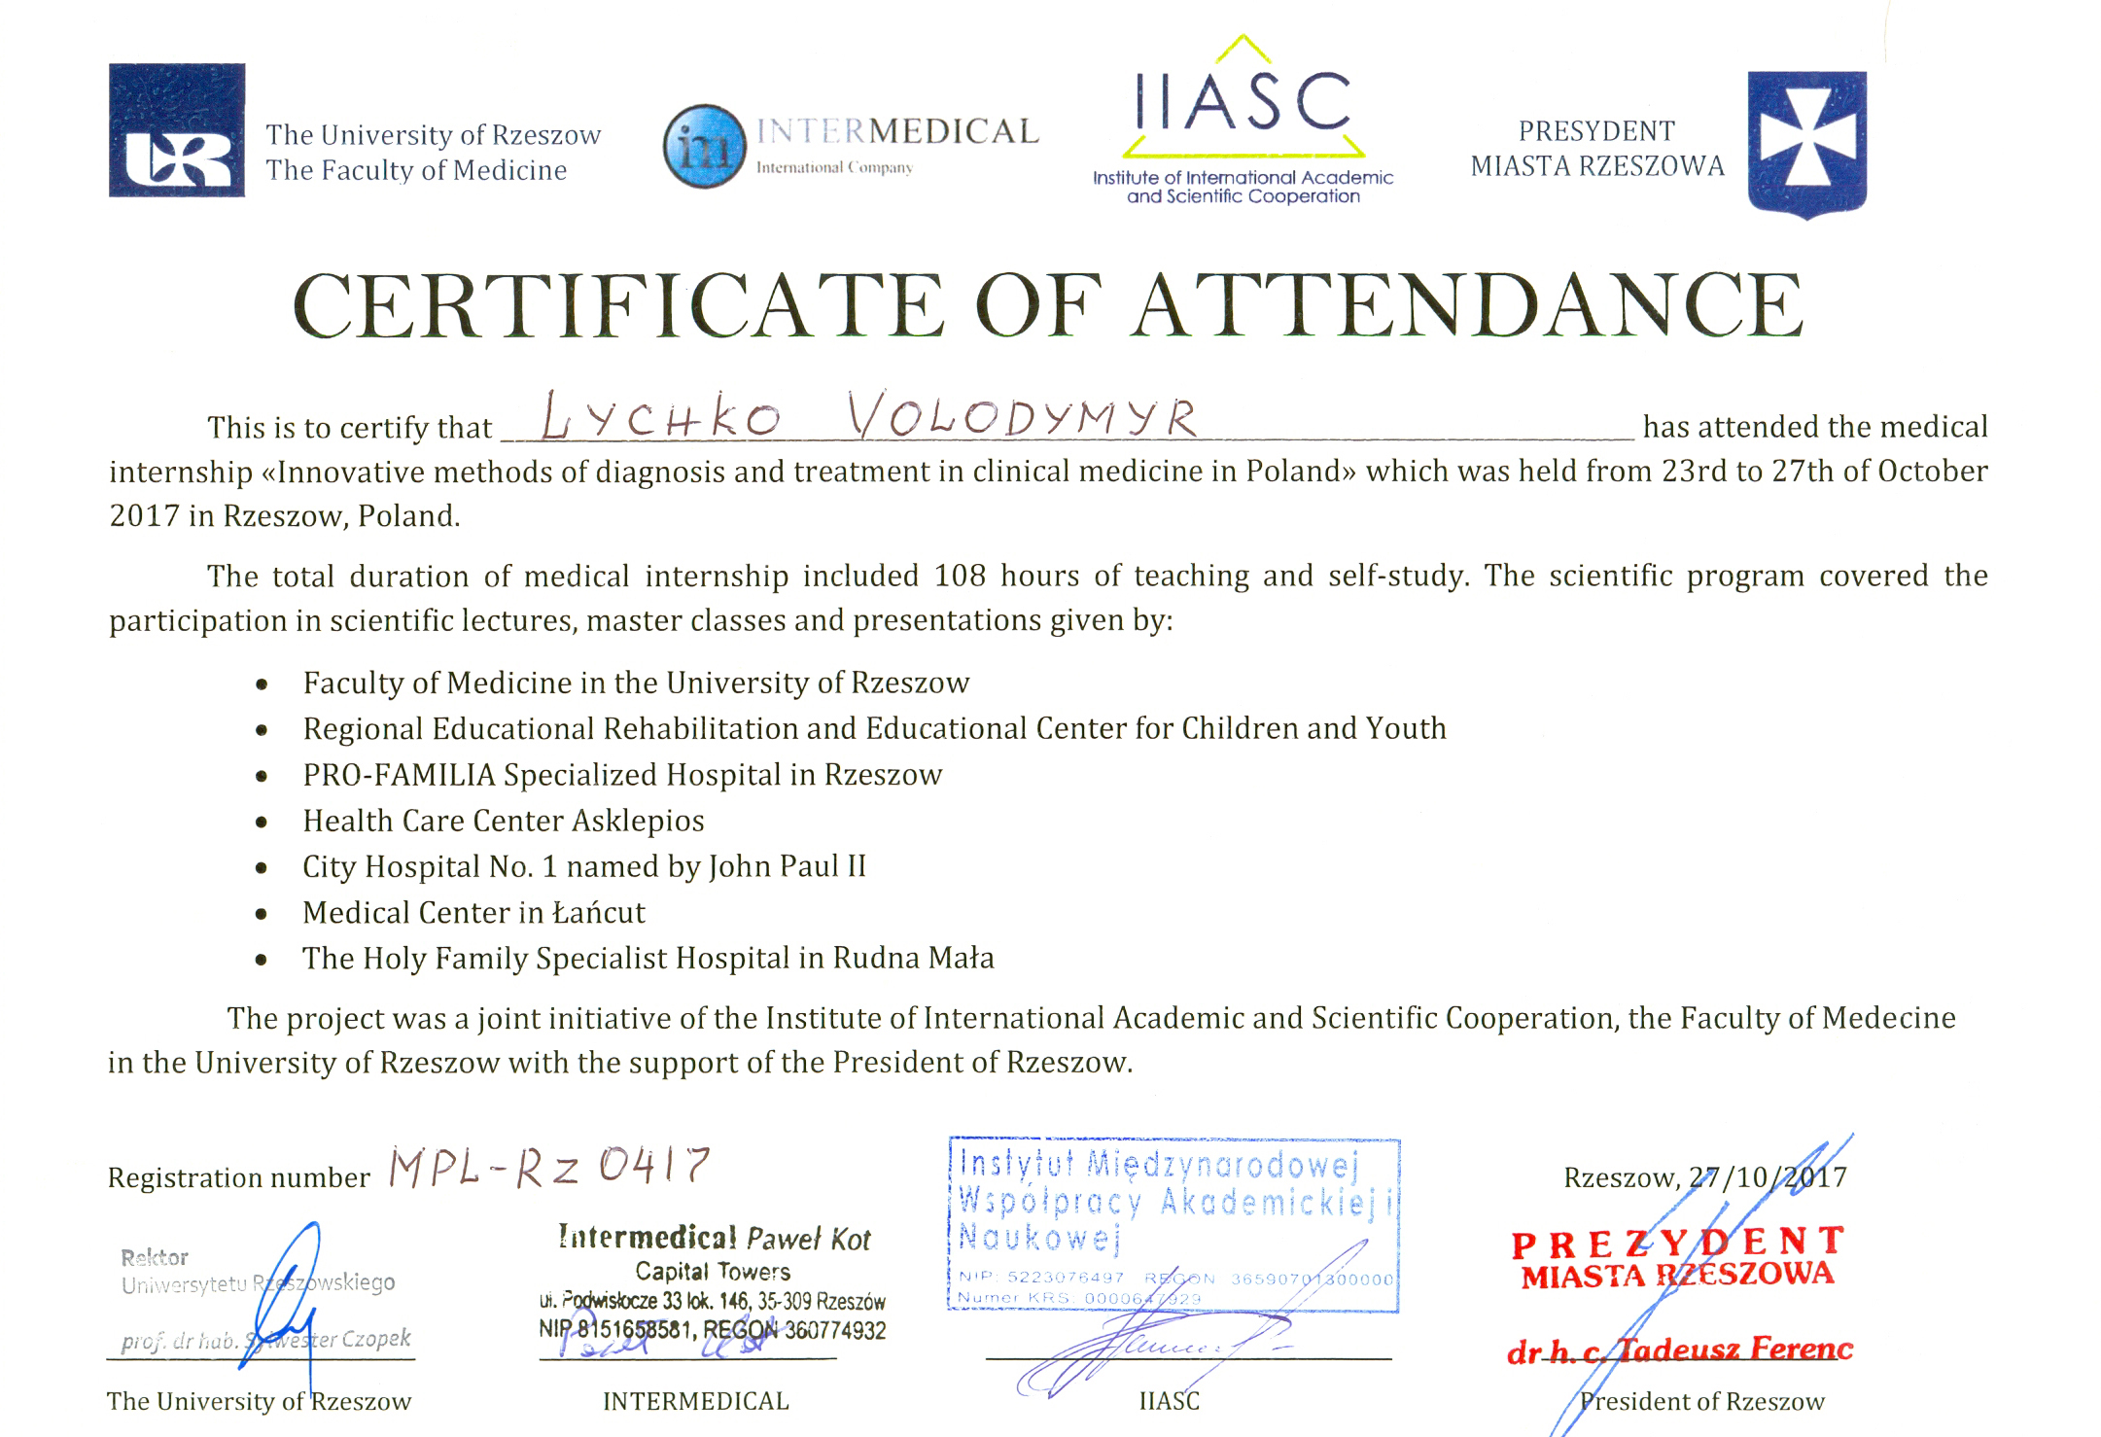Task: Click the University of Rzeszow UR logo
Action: click(x=176, y=130)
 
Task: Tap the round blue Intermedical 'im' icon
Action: click(x=705, y=146)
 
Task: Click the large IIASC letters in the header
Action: click(x=1243, y=101)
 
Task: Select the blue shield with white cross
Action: click(x=1806, y=142)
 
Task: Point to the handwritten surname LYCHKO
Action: click(x=661, y=418)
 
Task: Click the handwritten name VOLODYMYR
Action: click(x=1021, y=416)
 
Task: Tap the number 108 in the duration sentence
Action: click(x=960, y=576)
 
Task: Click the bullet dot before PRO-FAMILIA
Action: click(x=262, y=777)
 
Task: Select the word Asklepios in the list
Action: click(x=638, y=821)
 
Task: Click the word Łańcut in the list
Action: click(x=598, y=912)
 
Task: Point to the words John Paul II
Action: click(x=787, y=866)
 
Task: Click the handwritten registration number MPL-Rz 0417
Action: click(x=549, y=1167)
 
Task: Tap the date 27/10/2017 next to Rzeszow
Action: click(x=1768, y=1177)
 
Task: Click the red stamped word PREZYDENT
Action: click(x=1678, y=1244)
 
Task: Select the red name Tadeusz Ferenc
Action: click(x=1735, y=1349)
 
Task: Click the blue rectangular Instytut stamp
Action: click(x=1173, y=1223)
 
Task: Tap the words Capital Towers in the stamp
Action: click(x=713, y=1271)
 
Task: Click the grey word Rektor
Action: click(x=155, y=1257)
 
